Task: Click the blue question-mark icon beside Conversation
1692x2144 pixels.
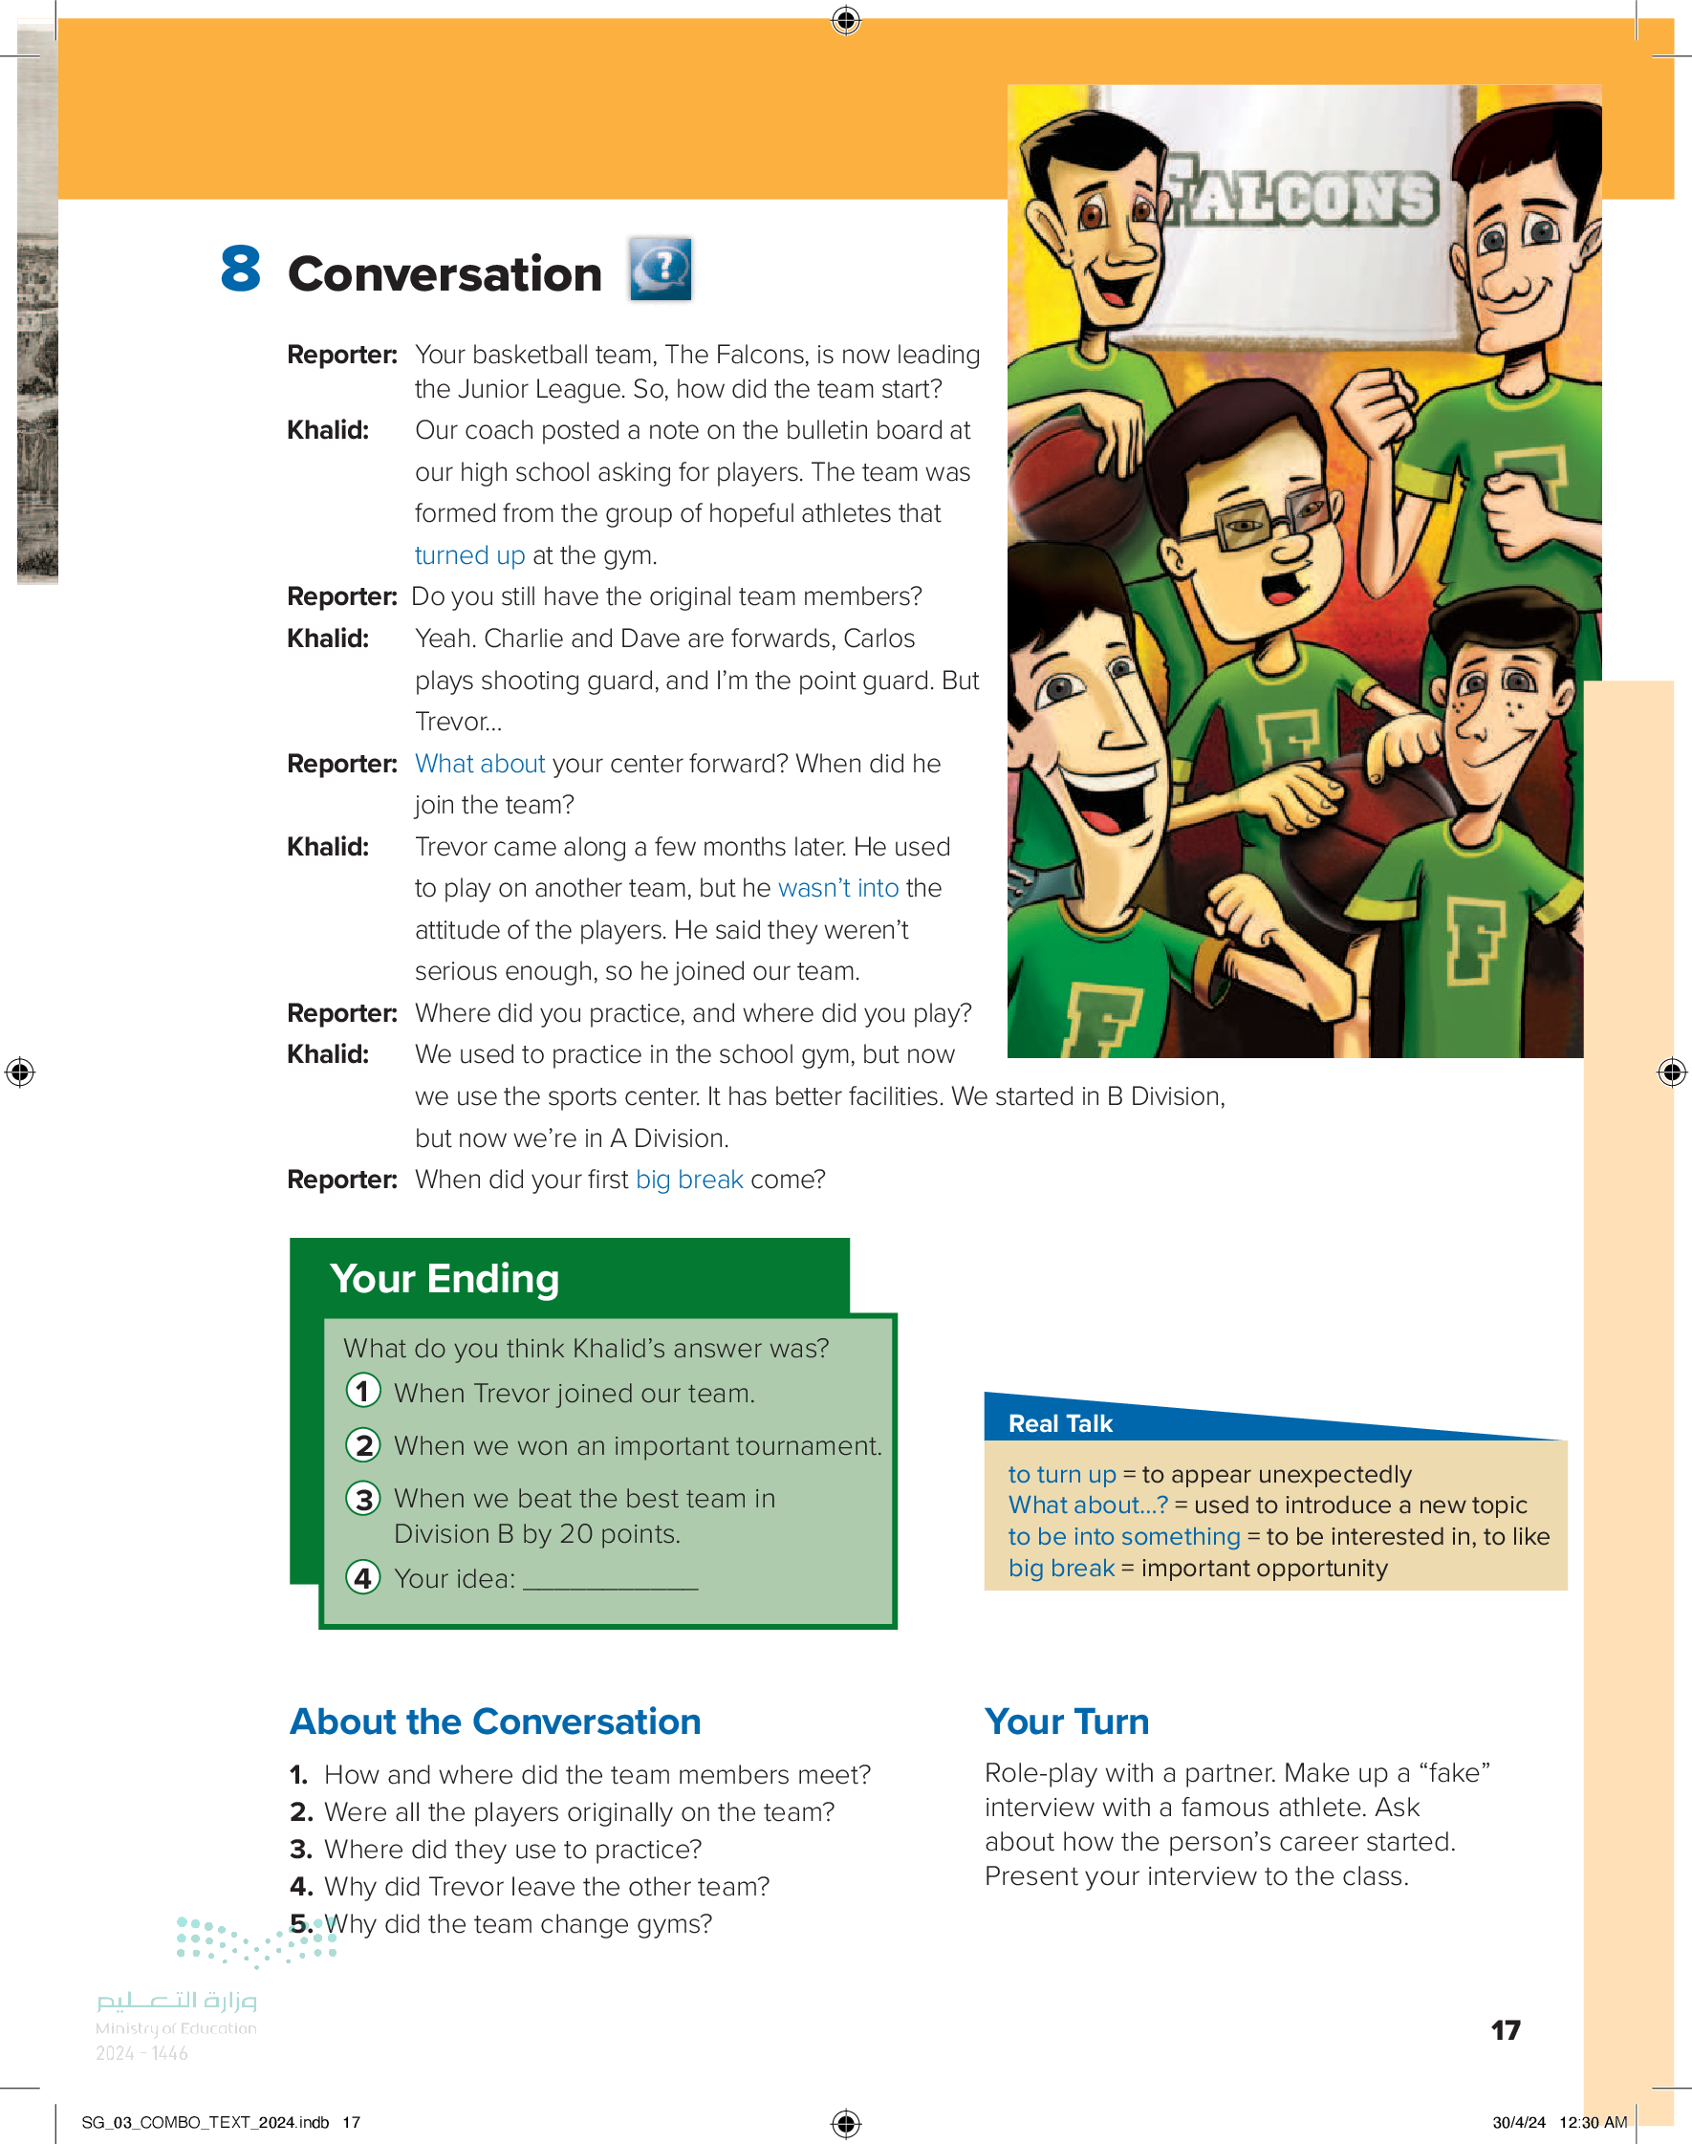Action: click(661, 269)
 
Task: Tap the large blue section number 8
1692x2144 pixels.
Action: click(241, 270)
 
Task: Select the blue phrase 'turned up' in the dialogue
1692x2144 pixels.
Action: click(469, 555)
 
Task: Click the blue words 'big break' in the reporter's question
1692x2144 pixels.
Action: click(688, 1180)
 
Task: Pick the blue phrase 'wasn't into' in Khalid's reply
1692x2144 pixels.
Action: click(838, 888)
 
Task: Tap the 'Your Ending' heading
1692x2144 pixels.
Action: click(445, 1279)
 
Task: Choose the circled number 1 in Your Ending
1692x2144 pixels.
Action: click(363, 1392)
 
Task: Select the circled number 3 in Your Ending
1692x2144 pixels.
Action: click(363, 1499)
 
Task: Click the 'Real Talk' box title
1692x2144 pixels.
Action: click(1060, 1423)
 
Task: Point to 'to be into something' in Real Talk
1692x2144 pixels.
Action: click(1123, 1536)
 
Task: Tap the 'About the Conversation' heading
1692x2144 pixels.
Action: click(495, 1722)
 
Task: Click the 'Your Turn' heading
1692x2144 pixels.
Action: click(1067, 1722)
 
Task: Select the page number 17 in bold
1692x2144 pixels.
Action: click(1505, 2030)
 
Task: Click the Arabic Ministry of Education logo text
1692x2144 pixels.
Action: click(176, 2001)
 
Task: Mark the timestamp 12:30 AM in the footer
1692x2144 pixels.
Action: click(1592, 2122)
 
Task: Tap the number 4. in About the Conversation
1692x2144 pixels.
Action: click(301, 1887)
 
